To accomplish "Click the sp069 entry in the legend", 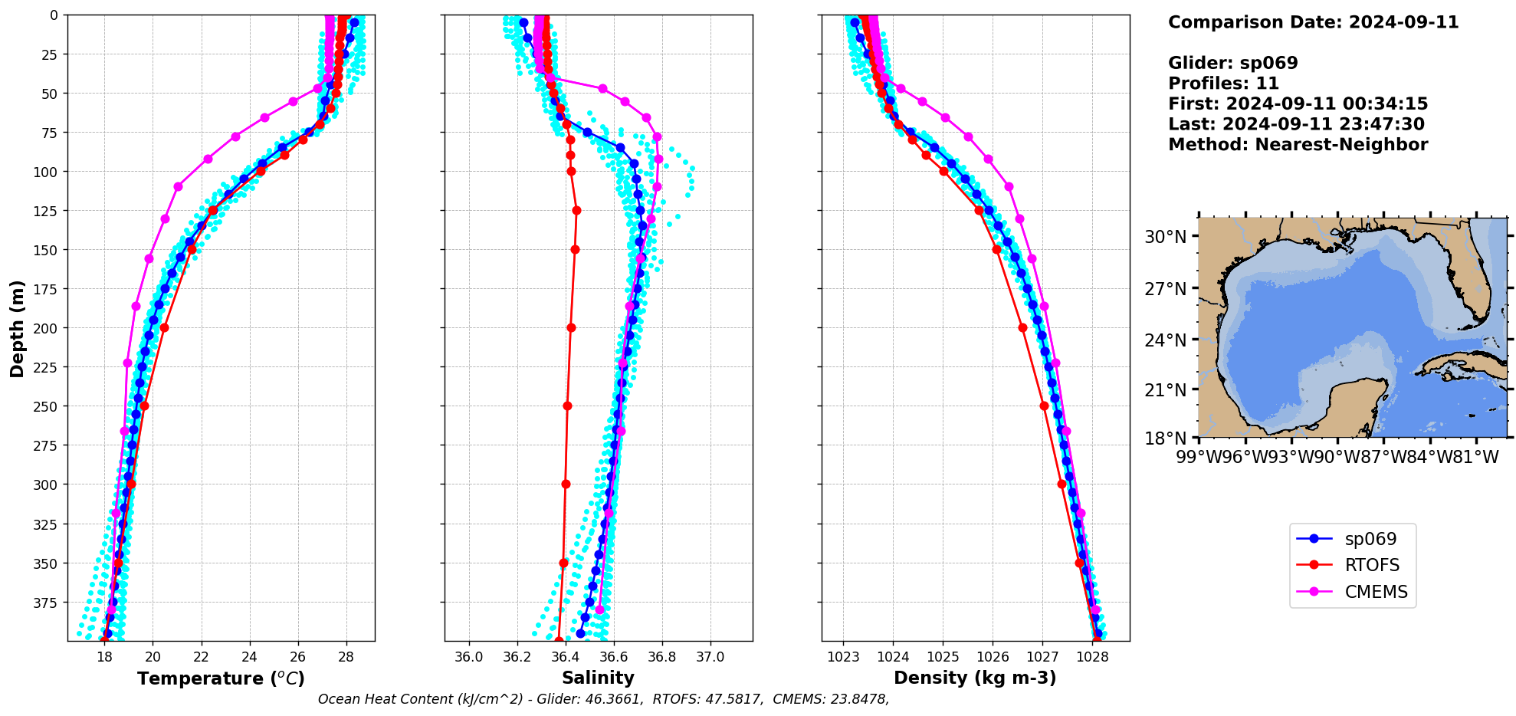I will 1370,539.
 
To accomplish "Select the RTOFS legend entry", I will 1371,565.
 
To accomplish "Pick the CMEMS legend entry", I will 1376,592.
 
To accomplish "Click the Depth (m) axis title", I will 17,328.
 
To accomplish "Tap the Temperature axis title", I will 221,678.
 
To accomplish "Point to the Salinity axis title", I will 598,678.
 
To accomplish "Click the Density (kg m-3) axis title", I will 975,678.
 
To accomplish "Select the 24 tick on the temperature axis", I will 250,657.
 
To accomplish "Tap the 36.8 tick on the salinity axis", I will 662,657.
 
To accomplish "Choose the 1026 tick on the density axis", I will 993,657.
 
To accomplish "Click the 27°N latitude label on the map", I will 1165,289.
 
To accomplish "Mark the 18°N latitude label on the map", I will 1165,438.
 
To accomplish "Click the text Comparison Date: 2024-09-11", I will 1313,22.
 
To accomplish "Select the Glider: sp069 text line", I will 1232,63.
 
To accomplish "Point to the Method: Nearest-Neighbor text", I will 1298,145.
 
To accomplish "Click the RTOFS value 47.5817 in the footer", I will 732,699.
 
